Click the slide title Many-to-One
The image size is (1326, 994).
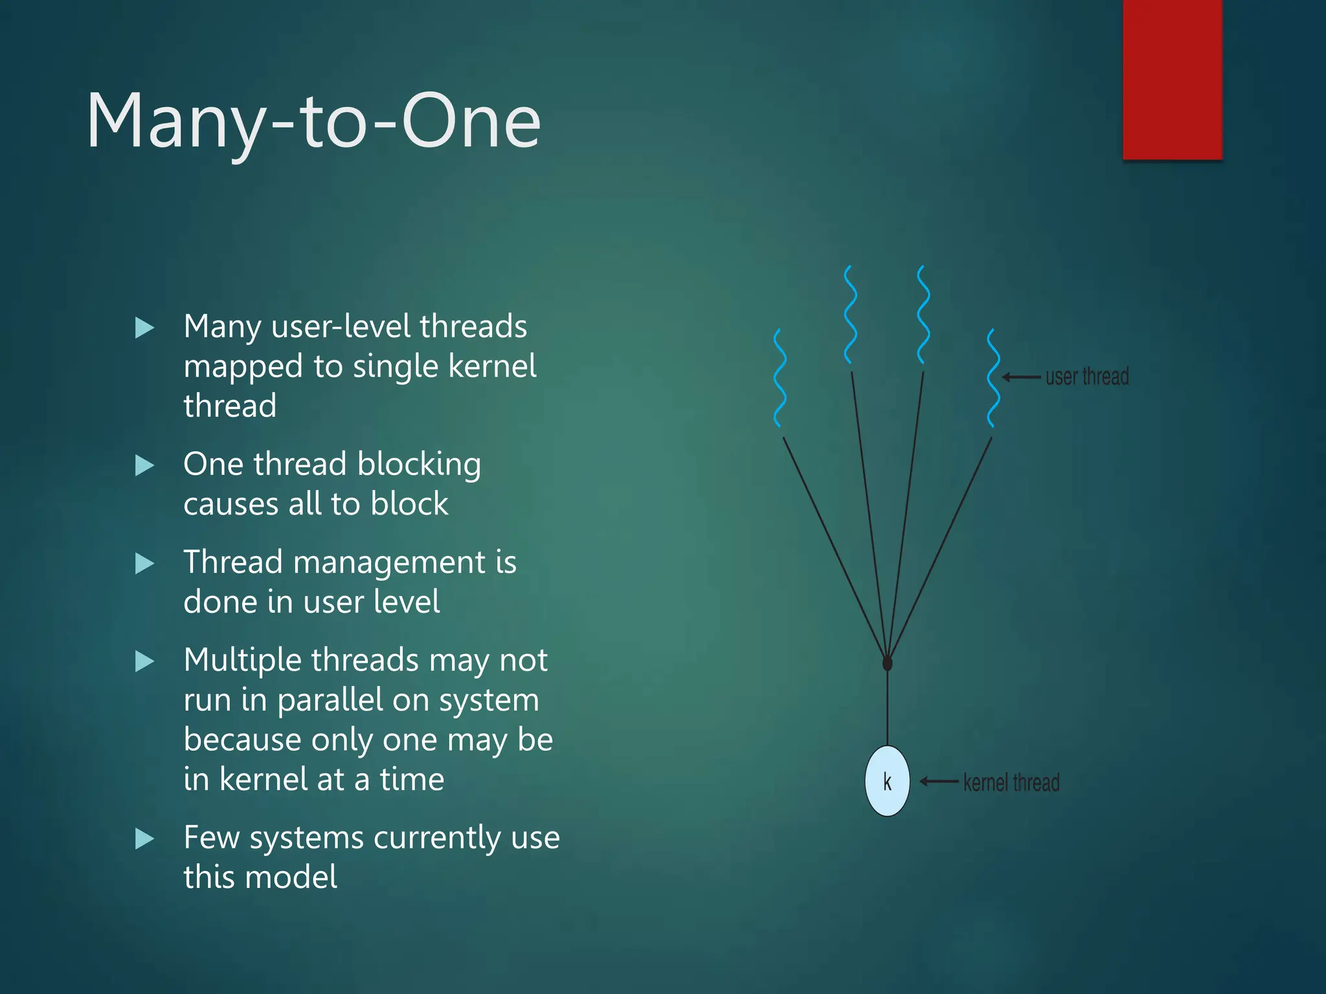313,122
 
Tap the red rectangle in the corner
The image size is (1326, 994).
1172,79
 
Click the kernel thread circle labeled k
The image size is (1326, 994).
887,781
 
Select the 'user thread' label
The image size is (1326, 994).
1087,377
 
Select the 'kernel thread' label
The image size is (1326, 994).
1011,782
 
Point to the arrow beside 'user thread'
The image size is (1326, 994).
1021,377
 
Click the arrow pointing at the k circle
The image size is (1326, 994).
939,782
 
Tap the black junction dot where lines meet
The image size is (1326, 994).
887,663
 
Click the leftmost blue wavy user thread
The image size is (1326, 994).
780,379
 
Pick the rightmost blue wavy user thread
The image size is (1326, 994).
993,379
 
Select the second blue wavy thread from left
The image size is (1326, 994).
851,315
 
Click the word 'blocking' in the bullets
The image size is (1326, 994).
419,465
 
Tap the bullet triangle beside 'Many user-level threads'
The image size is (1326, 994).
144,328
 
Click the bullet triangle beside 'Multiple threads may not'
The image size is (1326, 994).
144,661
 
